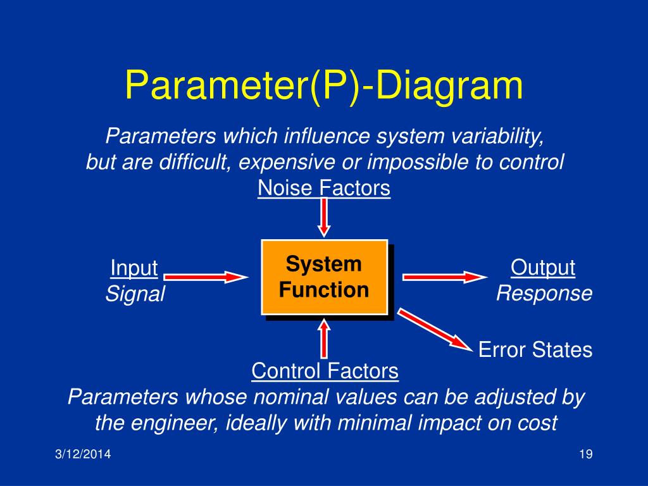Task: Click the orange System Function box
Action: pos(324,277)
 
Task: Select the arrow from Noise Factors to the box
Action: pos(324,216)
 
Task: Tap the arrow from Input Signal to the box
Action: pos(206,277)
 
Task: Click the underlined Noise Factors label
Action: pos(324,189)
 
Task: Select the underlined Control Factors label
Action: pos(325,371)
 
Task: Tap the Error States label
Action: pos(535,350)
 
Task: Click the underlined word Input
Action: pos(134,268)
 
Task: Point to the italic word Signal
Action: pos(135,294)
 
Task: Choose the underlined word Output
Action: pos(543,268)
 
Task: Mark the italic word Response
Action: pos(544,293)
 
